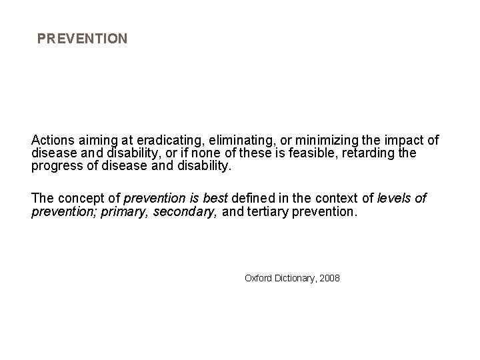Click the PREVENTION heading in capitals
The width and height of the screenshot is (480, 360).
coord(82,39)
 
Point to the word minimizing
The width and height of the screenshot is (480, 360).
coord(313,141)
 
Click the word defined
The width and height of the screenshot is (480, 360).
coord(251,199)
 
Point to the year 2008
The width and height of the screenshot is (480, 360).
coord(329,277)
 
